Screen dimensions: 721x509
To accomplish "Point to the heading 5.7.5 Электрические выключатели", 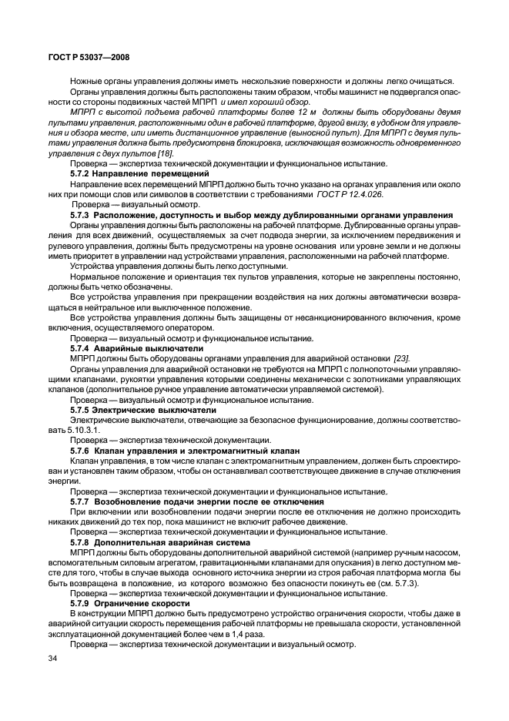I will tap(132, 410).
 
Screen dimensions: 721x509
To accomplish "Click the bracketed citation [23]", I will tap(401, 358).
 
